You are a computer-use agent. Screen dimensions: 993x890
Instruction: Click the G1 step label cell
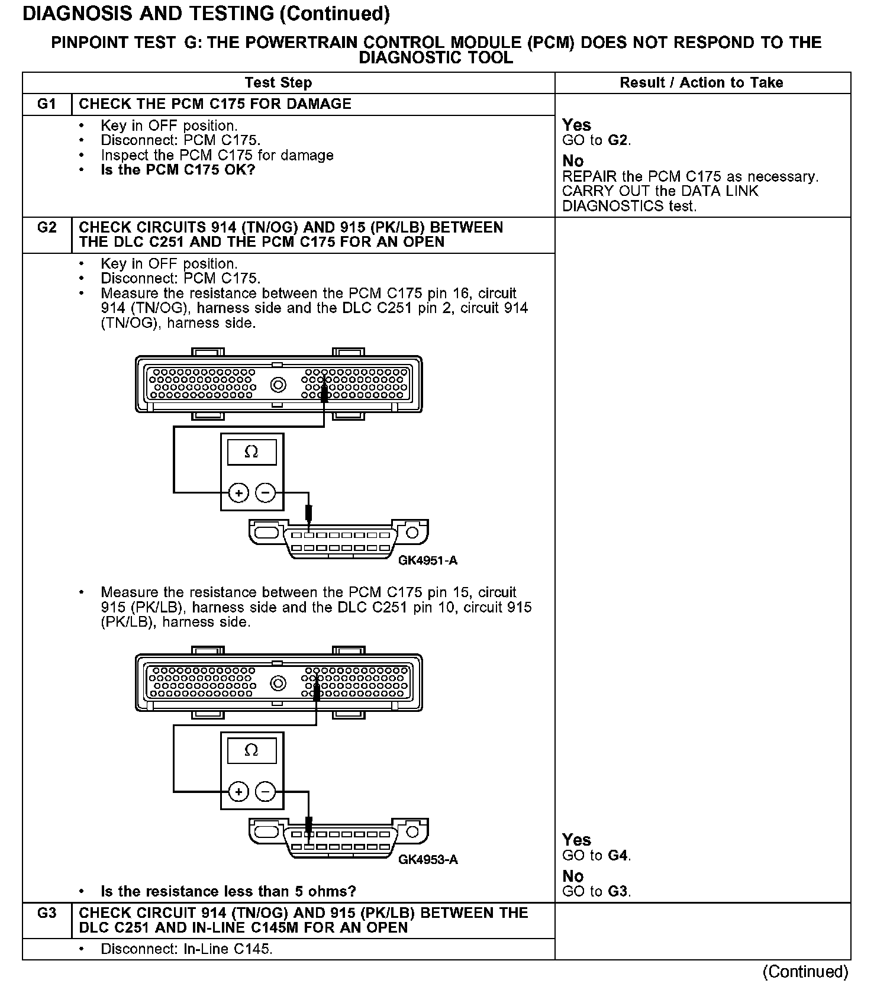pos(47,104)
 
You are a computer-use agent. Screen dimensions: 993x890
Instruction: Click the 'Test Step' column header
pos(278,83)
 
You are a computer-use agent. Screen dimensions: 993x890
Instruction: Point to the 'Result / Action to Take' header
pos(701,83)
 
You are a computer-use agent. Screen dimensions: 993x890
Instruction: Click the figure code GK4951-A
pos(428,560)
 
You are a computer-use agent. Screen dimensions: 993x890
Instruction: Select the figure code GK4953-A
pos(428,859)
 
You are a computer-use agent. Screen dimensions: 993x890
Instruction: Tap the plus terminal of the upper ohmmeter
pos(238,492)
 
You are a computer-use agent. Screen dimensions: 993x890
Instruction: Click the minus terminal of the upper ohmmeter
pos(266,492)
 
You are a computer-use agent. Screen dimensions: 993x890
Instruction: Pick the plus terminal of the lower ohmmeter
pos(238,792)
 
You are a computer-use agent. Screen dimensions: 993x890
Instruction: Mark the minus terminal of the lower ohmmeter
pos(266,792)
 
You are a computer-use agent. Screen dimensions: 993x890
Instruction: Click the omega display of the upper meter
pos(251,453)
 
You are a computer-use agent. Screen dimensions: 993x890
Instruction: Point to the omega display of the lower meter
pos(251,751)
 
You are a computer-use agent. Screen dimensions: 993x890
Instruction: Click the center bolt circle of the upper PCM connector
pos(278,385)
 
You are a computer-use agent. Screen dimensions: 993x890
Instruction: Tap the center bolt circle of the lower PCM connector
pos(278,684)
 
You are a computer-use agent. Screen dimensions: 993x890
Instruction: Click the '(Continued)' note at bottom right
pos(805,972)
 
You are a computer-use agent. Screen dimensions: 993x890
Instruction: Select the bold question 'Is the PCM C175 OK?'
pos(178,170)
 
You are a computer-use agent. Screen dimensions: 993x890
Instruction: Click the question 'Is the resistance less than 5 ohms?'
pos(228,891)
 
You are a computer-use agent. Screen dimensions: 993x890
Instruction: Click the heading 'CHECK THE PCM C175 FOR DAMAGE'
pos(215,104)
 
